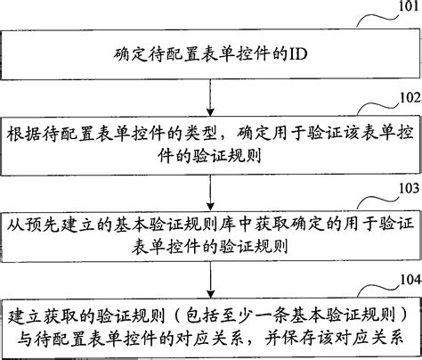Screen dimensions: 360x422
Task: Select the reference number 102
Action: [x=403, y=100]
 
